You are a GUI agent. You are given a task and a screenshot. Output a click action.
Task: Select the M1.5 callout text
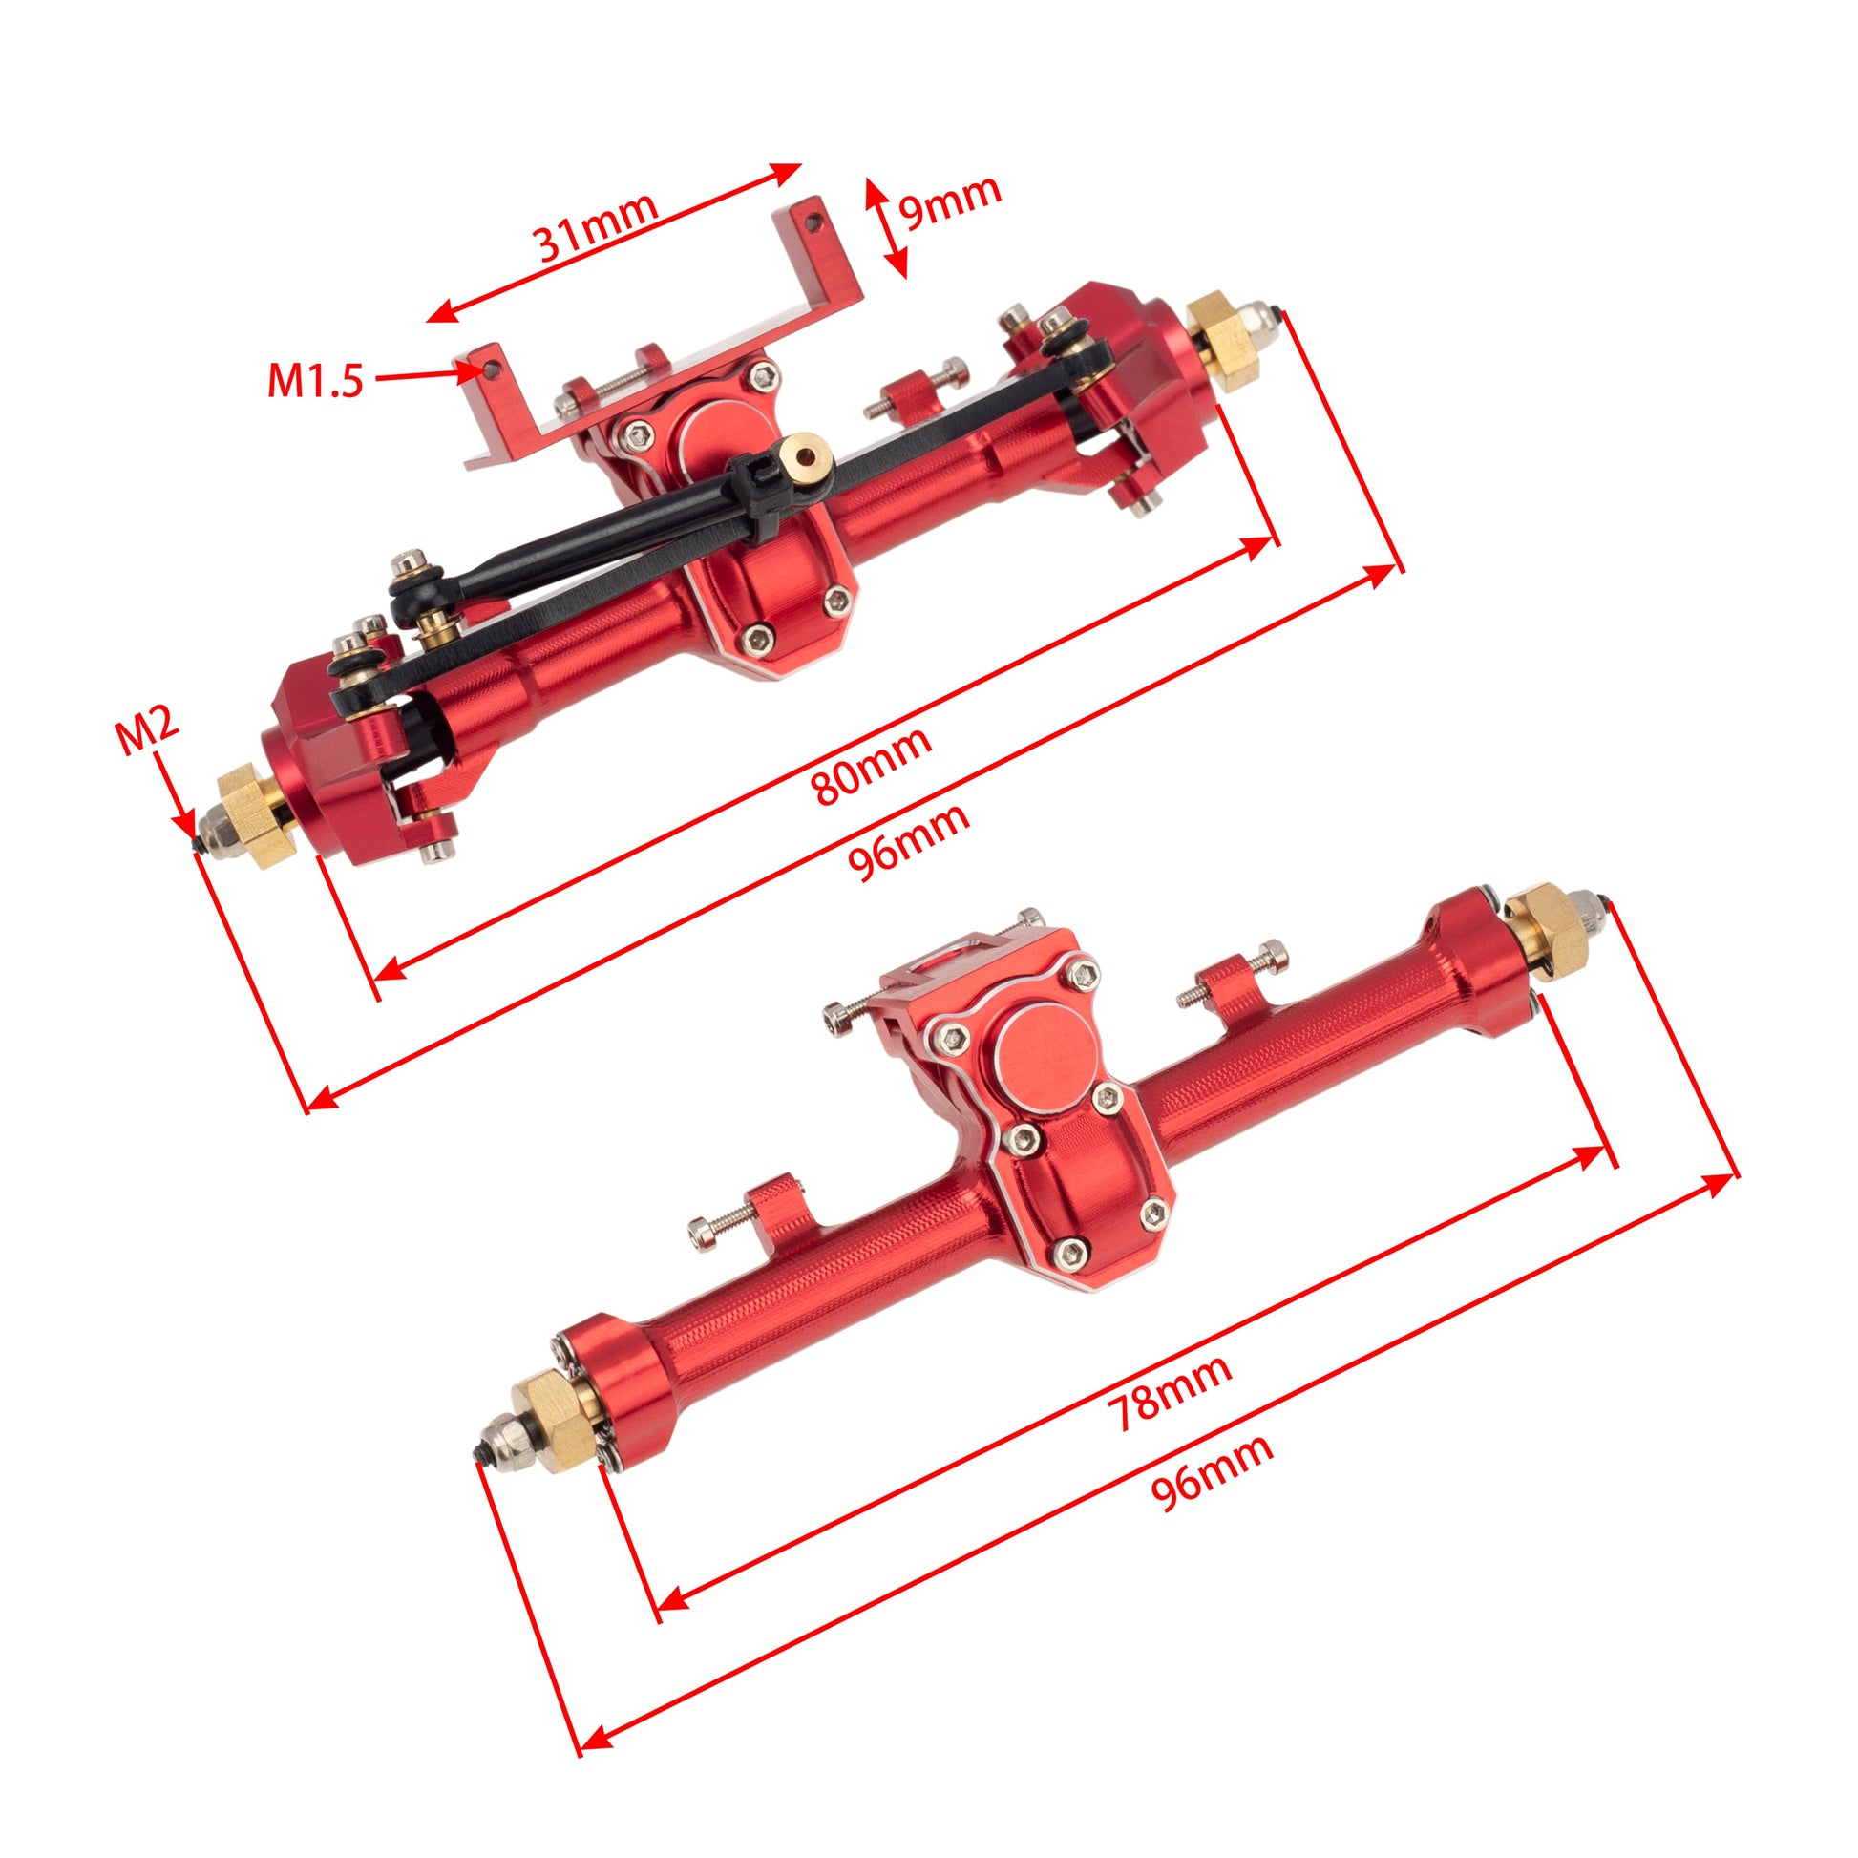coord(314,382)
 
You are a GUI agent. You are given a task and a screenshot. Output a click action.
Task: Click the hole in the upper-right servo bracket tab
coord(814,220)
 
